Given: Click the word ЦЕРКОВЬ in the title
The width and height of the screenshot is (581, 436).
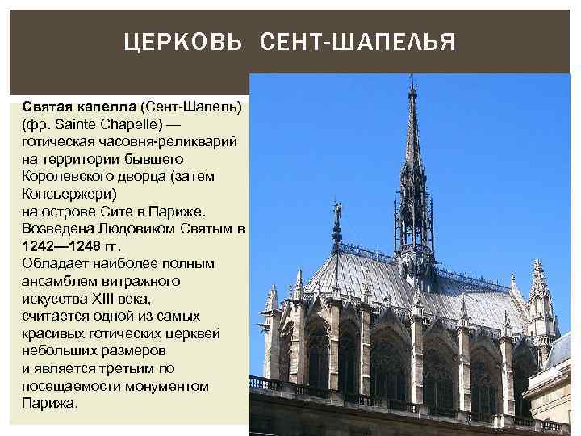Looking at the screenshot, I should tap(183, 41).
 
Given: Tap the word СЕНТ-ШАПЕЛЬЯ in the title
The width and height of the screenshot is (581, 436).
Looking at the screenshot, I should tap(357, 41).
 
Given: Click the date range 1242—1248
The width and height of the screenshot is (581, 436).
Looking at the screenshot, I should tap(61, 247).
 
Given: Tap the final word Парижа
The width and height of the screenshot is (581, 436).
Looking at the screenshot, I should tap(50, 404).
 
